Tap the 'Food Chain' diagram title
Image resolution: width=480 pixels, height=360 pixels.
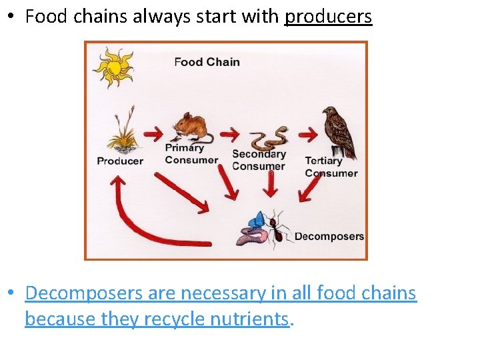point(207,62)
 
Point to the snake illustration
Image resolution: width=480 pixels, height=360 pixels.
point(269,138)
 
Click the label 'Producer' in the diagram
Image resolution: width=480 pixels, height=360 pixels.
point(120,161)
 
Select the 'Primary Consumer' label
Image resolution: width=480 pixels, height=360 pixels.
point(191,154)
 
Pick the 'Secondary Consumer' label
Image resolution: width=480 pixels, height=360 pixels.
point(259,160)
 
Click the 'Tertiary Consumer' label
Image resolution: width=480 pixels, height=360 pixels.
point(331,167)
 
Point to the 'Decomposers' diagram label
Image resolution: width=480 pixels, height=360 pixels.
point(329,236)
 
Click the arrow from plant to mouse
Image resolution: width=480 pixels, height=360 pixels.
point(154,131)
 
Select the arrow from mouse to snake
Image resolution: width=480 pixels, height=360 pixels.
point(229,134)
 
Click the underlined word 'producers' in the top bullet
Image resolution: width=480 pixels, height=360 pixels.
point(328,17)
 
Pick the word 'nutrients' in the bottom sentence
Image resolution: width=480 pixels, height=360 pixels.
point(250,319)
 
